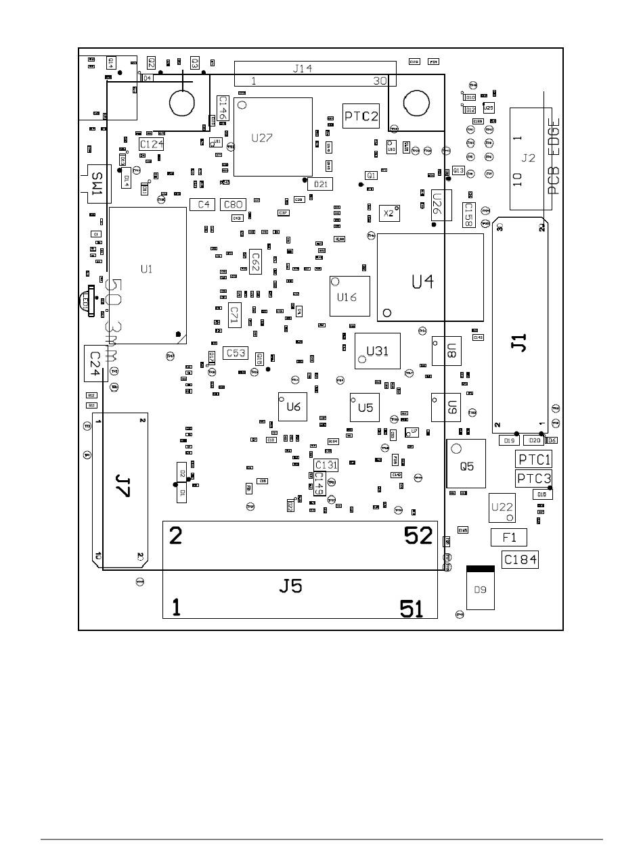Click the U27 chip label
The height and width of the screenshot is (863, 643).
click(262, 138)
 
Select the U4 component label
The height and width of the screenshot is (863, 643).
click(423, 281)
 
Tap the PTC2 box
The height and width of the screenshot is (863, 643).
click(361, 116)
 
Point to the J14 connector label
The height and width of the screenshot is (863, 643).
click(303, 68)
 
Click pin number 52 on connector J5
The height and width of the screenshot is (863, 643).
click(418, 536)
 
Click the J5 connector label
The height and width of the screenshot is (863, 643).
click(291, 586)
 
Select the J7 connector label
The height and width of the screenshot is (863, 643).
click(123, 485)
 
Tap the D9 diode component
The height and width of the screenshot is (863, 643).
click(480, 590)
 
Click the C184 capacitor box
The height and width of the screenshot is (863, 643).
click(520, 559)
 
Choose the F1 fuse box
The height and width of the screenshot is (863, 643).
click(509, 538)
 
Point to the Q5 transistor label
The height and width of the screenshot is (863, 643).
click(467, 467)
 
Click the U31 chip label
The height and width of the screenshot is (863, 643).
click(378, 350)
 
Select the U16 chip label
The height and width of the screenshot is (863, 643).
click(347, 297)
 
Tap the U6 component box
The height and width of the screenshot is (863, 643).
click(293, 406)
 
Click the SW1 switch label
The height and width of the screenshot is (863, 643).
click(98, 183)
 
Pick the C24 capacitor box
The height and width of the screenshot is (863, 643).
click(94, 363)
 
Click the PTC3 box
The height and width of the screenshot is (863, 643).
click(534, 479)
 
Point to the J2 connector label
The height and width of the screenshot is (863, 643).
click(529, 158)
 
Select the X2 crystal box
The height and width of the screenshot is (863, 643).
click(389, 213)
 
